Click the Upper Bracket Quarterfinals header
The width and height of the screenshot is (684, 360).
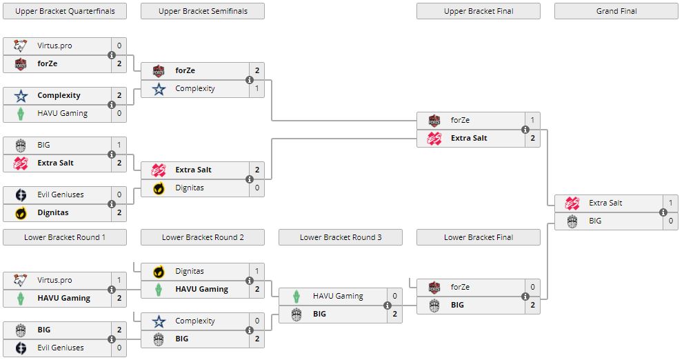65,11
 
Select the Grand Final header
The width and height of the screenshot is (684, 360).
616,11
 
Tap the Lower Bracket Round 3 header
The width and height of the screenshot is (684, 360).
341,237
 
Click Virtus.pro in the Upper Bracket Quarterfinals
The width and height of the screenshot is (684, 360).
54,46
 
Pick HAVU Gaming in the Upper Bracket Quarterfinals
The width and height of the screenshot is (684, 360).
62,113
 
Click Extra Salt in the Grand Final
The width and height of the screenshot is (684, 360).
605,203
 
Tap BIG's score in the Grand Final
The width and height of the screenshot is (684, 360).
670,221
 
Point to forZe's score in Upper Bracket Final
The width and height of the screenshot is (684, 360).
532,120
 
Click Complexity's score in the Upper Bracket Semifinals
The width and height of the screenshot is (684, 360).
256,88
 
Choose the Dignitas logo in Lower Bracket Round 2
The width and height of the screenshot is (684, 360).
159,272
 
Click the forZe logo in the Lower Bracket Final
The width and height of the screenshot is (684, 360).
434,287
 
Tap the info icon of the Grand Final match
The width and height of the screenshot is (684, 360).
663,212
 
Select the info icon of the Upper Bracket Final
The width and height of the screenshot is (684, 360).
525,129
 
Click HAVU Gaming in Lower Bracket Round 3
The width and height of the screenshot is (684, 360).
338,296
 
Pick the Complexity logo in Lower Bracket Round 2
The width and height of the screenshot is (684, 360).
159,321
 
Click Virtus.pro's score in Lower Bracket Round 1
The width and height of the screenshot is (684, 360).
119,280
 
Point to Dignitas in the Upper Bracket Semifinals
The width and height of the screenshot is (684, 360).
190,188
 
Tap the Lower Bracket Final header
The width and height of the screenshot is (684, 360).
479,237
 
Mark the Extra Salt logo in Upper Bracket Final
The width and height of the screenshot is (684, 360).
434,138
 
